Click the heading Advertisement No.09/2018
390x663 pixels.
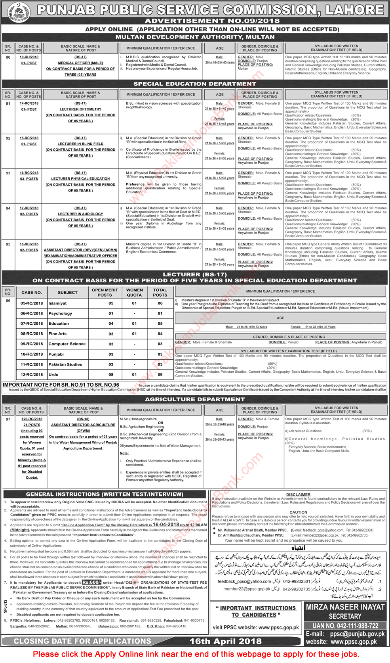tap(212, 21)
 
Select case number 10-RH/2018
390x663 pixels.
tap(29, 57)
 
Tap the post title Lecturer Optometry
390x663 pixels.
tap(80, 109)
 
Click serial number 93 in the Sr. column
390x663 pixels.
tap(8, 173)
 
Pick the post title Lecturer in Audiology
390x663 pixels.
tap(80, 214)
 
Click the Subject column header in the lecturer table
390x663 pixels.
tap(67, 293)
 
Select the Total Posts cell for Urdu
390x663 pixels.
tap(160, 374)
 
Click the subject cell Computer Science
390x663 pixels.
tap(67, 344)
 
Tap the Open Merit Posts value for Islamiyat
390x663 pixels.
tap(111, 303)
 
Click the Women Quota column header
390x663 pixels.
tap(134, 293)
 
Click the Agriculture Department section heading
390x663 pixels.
tap(195, 399)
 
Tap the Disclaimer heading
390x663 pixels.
tap(298, 494)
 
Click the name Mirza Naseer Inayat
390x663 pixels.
tap(345, 607)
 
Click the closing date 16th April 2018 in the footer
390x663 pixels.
tap(225, 641)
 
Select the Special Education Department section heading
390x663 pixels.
tap(195, 84)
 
